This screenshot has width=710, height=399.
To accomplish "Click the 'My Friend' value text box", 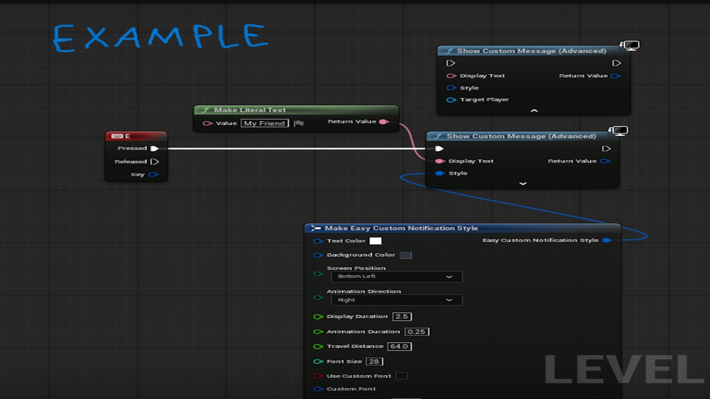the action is pos(265,123).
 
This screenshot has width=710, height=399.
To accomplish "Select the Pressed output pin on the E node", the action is pos(154,149).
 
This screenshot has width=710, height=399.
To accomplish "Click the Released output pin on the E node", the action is pos(154,162).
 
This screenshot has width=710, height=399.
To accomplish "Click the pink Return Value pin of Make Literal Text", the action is pos(384,121).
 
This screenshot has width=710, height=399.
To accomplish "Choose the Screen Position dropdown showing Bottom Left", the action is pos(397,277).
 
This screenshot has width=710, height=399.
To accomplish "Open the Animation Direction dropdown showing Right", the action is pos(397,300).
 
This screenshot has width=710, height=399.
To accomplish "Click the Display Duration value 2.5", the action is pos(402,316).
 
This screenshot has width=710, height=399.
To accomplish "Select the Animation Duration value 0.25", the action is pos(417,331).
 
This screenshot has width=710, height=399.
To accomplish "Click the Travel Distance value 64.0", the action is pos(399,346).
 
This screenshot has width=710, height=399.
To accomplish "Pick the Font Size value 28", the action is pos(374,361).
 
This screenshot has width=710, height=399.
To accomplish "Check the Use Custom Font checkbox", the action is pos(402,376).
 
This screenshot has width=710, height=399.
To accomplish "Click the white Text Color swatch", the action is pos(376,241).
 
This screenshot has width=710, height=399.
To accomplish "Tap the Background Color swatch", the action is pos(405,255).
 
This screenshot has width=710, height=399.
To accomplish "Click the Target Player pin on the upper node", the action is pos(451,100).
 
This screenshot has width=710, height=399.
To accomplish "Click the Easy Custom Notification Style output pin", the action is pos(607,241).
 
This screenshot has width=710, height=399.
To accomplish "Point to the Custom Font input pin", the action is pos(318,389).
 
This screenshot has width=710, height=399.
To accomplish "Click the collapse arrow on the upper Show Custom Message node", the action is pos(534,110).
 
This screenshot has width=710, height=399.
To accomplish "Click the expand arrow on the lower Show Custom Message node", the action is pos(523,183).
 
